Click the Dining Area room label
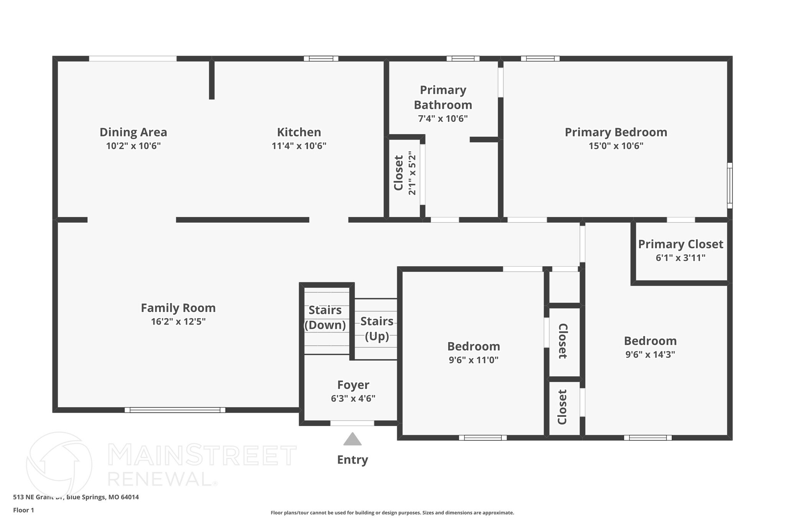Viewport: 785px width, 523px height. click(x=133, y=132)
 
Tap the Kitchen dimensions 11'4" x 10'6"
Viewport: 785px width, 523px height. click(x=299, y=146)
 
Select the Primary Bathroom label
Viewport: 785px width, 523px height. click(x=443, y=97)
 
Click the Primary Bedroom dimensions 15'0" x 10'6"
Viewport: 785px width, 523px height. click(x=616, y=146)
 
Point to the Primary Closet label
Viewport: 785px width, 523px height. click(x=680, y=244)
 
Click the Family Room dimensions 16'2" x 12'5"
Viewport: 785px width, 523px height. click(x=178, y=321)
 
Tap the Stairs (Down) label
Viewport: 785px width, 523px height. click(x=325, y=317)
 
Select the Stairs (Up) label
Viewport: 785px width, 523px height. click(x=377, y=328)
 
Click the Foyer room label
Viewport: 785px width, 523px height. click(x=353, y=385)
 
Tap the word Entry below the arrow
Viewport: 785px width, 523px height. click(x=352, y=459)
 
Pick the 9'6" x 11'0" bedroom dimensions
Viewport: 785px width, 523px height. click(x=473, y=360)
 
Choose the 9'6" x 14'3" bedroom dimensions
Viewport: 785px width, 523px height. click(x=650, y=354)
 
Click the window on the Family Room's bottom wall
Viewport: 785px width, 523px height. click(x=175, y=410)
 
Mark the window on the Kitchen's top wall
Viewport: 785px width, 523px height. click(x=321, y=59)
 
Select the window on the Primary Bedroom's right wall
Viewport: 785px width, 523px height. click(x=730, y=185)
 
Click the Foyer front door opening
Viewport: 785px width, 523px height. click(x=352, y=423)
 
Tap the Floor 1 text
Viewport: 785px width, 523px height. click(x=23, y=510)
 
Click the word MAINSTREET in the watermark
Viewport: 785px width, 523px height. click(x=202, y=455)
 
